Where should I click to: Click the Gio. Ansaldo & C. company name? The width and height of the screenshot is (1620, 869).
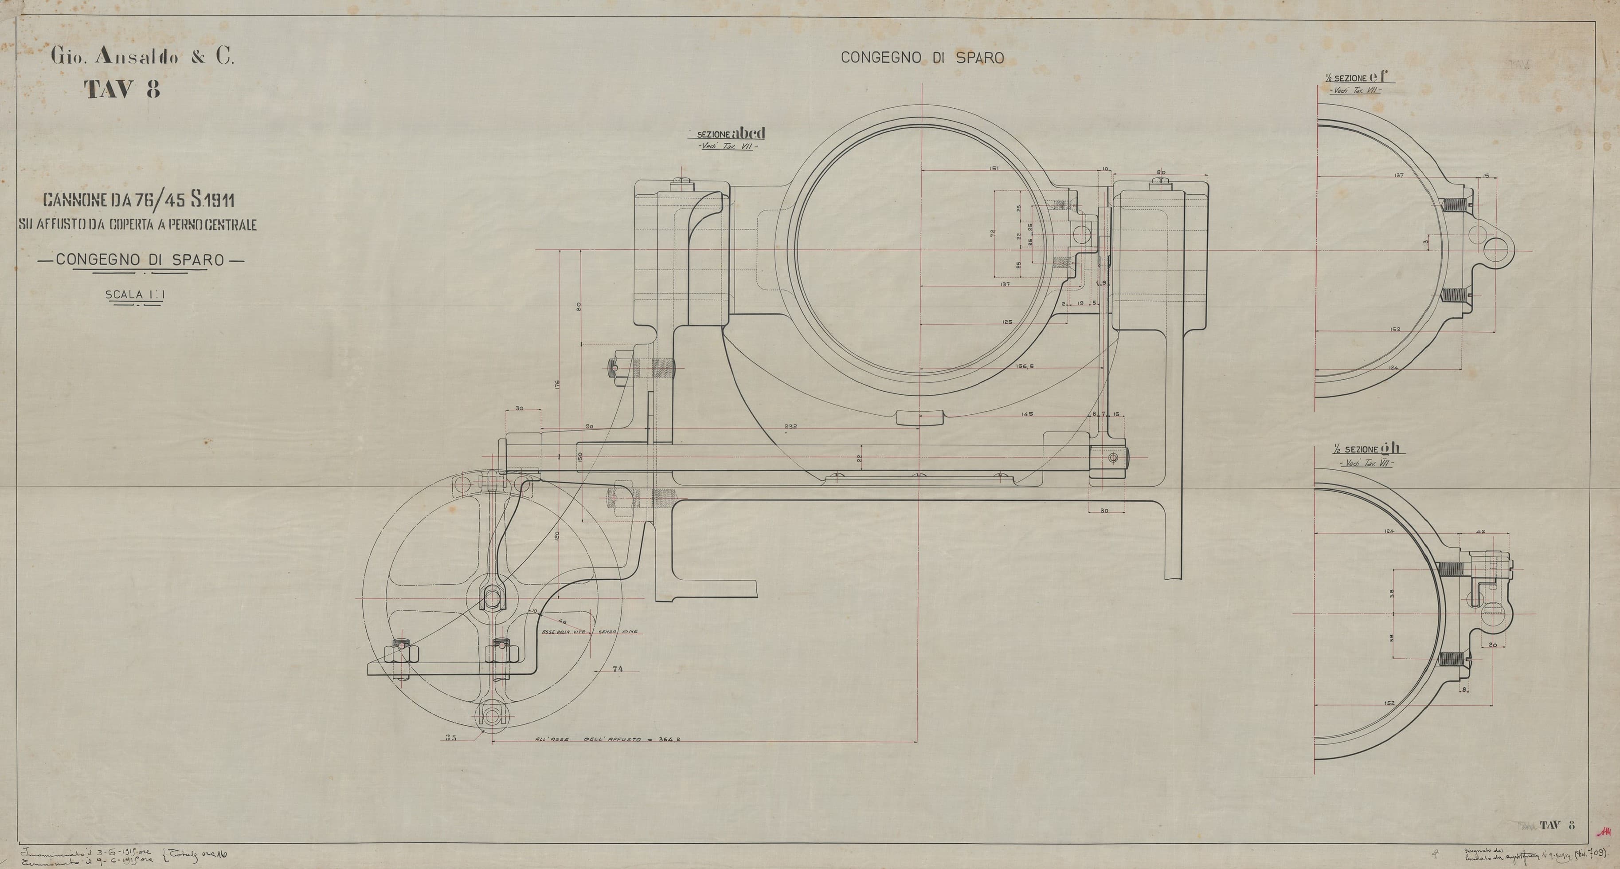(142, 58)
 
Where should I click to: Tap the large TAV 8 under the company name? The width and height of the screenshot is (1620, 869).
(123, 90)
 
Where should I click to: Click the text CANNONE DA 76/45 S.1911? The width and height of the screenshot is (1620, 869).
(138, 201)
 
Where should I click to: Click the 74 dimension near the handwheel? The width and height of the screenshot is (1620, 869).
(617, 669)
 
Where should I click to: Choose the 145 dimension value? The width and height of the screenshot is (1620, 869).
(1028, 414)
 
